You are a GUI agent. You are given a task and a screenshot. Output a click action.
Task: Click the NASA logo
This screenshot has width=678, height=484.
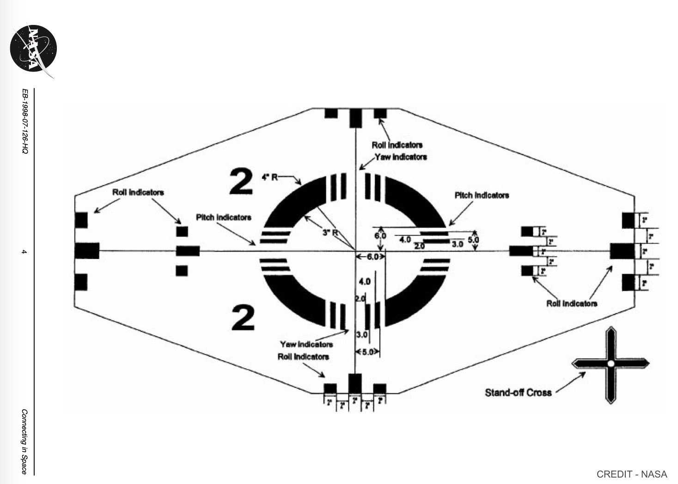pyautogui.click(x=34, y=48)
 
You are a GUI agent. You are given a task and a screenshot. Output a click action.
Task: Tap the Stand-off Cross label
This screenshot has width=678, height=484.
pyautogui.click(x=518, y=393)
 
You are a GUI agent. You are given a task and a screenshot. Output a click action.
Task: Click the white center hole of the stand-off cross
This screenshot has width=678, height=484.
pyautogui.click(x=611, y=364)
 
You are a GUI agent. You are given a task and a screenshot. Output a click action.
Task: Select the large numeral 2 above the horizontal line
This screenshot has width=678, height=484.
pyautogui.click(x=241, y=182)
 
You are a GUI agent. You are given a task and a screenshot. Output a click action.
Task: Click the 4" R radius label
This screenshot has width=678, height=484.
pyautogui.click(x=270, y=177)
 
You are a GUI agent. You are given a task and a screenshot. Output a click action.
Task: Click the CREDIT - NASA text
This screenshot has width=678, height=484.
pyautogui.click(x=632, y=474)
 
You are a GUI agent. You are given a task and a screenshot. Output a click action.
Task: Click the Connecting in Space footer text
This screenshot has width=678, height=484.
pyautogui.click(x=24, y=442)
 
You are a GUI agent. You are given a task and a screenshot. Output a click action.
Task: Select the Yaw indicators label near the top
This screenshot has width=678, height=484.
pyautogui.click(x=401, y=157)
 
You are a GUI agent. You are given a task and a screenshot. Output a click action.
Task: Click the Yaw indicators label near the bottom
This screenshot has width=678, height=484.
pyautogui.click(x=306, y=345)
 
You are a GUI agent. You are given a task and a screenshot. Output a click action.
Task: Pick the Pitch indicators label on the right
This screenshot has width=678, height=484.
pyautogui.click(x=482, y=195)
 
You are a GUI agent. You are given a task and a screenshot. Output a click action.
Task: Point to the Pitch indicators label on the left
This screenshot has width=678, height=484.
pyautogui.click(x=224, y=217)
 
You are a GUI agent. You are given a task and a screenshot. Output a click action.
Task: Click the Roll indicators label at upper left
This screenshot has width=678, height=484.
pyautogui.click(x=138, y=192)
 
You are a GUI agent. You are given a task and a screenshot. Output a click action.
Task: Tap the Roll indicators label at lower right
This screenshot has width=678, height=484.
pyautogui.click(x=572, y=303)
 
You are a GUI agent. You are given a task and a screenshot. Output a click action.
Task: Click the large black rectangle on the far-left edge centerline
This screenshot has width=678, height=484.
pyautogui.click(x=87, y=251)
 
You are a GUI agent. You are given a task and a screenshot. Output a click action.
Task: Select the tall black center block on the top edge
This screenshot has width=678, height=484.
pyautogui.click(x=355, y=118)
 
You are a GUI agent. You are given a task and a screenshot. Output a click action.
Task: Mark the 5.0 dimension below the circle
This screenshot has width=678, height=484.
pyautogui.click(x=368, y=352)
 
